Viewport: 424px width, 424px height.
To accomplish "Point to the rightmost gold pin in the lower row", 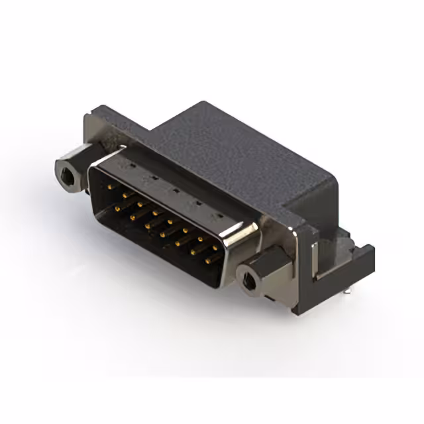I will tap(207, 260).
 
